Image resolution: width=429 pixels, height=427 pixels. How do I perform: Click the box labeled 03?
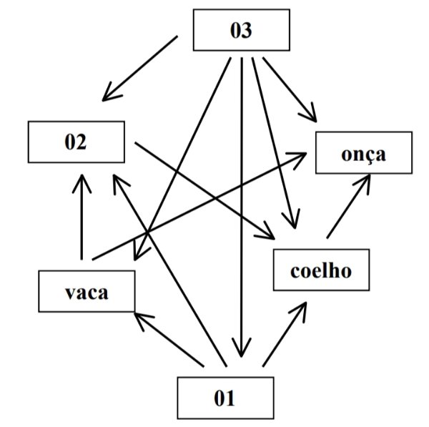[242, 30]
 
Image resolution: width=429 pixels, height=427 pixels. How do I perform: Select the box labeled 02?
[74, 142]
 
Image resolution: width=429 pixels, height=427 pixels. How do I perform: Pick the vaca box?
[87, 291]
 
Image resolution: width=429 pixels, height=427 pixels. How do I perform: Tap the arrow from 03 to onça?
[286, 87]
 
